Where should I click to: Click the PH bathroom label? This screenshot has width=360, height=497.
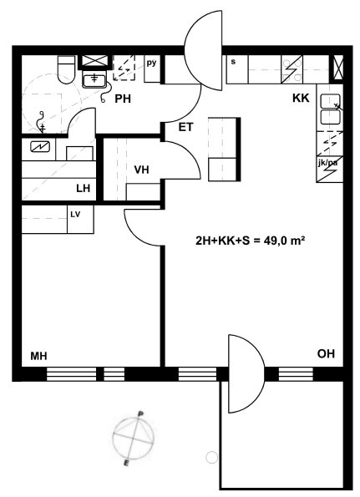[123, 99]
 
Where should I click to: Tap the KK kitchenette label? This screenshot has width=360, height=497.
[301, 98]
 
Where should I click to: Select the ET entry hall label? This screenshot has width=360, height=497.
[185, 127]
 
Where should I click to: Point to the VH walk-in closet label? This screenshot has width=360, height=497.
[141, 170]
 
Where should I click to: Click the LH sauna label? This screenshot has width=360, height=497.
[83, 189]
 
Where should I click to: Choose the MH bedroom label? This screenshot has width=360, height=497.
[38, 356]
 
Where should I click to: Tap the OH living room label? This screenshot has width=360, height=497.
[326, 353]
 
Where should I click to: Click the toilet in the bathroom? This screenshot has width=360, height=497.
[66, 69]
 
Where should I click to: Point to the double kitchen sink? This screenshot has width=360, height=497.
[330, 109]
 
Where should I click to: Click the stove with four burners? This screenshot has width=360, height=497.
[292, 69]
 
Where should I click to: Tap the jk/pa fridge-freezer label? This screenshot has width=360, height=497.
[327, 163]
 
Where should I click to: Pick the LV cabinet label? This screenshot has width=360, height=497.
[75, 215]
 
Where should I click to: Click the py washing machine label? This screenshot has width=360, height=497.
[151, 63]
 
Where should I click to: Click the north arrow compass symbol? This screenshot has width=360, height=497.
[133, 439]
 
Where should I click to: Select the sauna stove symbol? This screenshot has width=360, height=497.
[40, 147]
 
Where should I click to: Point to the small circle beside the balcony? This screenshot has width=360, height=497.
[211, 458]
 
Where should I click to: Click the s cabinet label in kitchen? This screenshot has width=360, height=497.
[233, 62]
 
